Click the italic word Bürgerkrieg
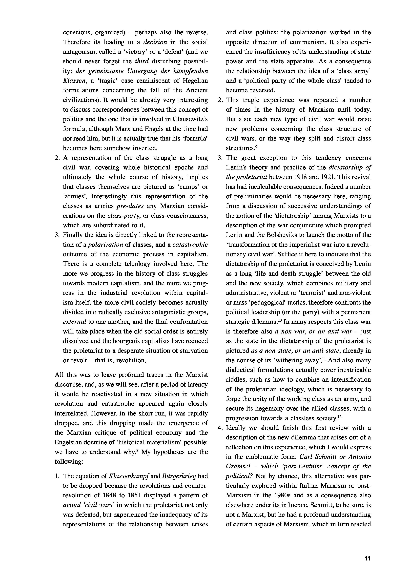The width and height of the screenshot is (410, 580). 180,476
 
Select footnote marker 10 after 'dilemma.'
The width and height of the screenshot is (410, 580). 280,320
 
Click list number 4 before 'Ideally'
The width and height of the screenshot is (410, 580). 220,428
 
